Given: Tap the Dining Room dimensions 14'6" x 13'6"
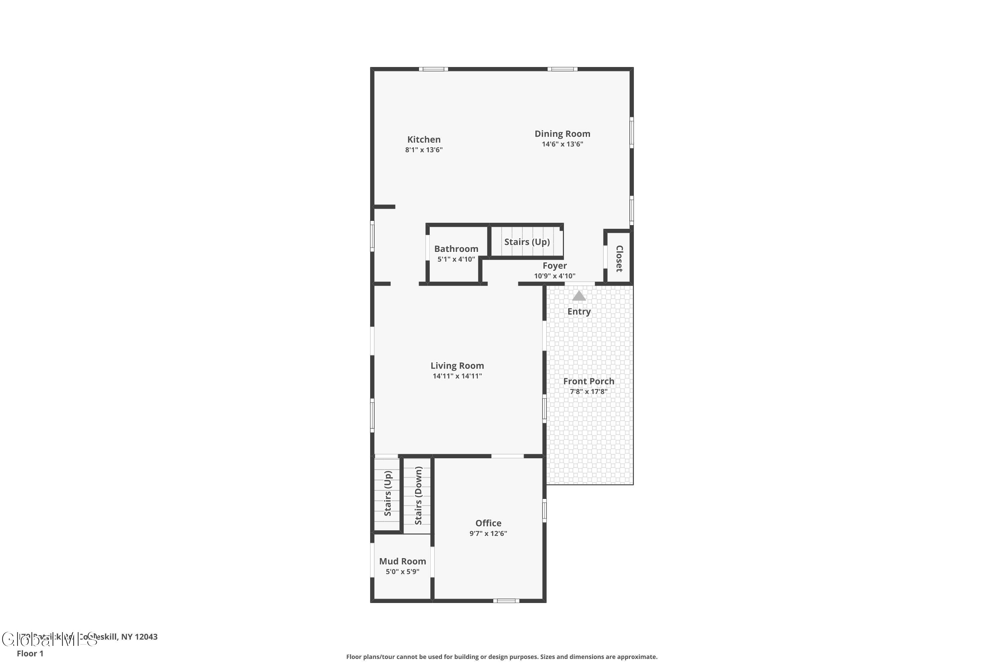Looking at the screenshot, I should coord(562,144).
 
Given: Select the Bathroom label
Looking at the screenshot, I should coord(456,249).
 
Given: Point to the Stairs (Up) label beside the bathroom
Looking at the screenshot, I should coord(527,242).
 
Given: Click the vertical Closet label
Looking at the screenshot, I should coord(619,259).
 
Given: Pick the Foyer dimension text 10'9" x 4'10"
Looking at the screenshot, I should coord(555,276).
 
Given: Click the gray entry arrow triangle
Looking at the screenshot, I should coord(579,296).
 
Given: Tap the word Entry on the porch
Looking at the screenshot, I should coord(579,312).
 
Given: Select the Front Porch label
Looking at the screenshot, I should coord(589,381).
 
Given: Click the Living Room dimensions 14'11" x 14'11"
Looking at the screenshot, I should coord(457,376).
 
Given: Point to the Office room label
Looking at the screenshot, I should coord(488,523).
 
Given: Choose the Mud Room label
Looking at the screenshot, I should coord(403,561).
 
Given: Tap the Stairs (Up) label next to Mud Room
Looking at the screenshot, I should coord(388,493).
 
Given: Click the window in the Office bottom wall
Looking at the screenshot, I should coord(506,601).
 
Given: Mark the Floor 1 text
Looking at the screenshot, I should coord(30,653).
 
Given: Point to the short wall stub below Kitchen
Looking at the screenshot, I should coord(385,207).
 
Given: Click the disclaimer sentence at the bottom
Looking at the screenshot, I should coord(502,657).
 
